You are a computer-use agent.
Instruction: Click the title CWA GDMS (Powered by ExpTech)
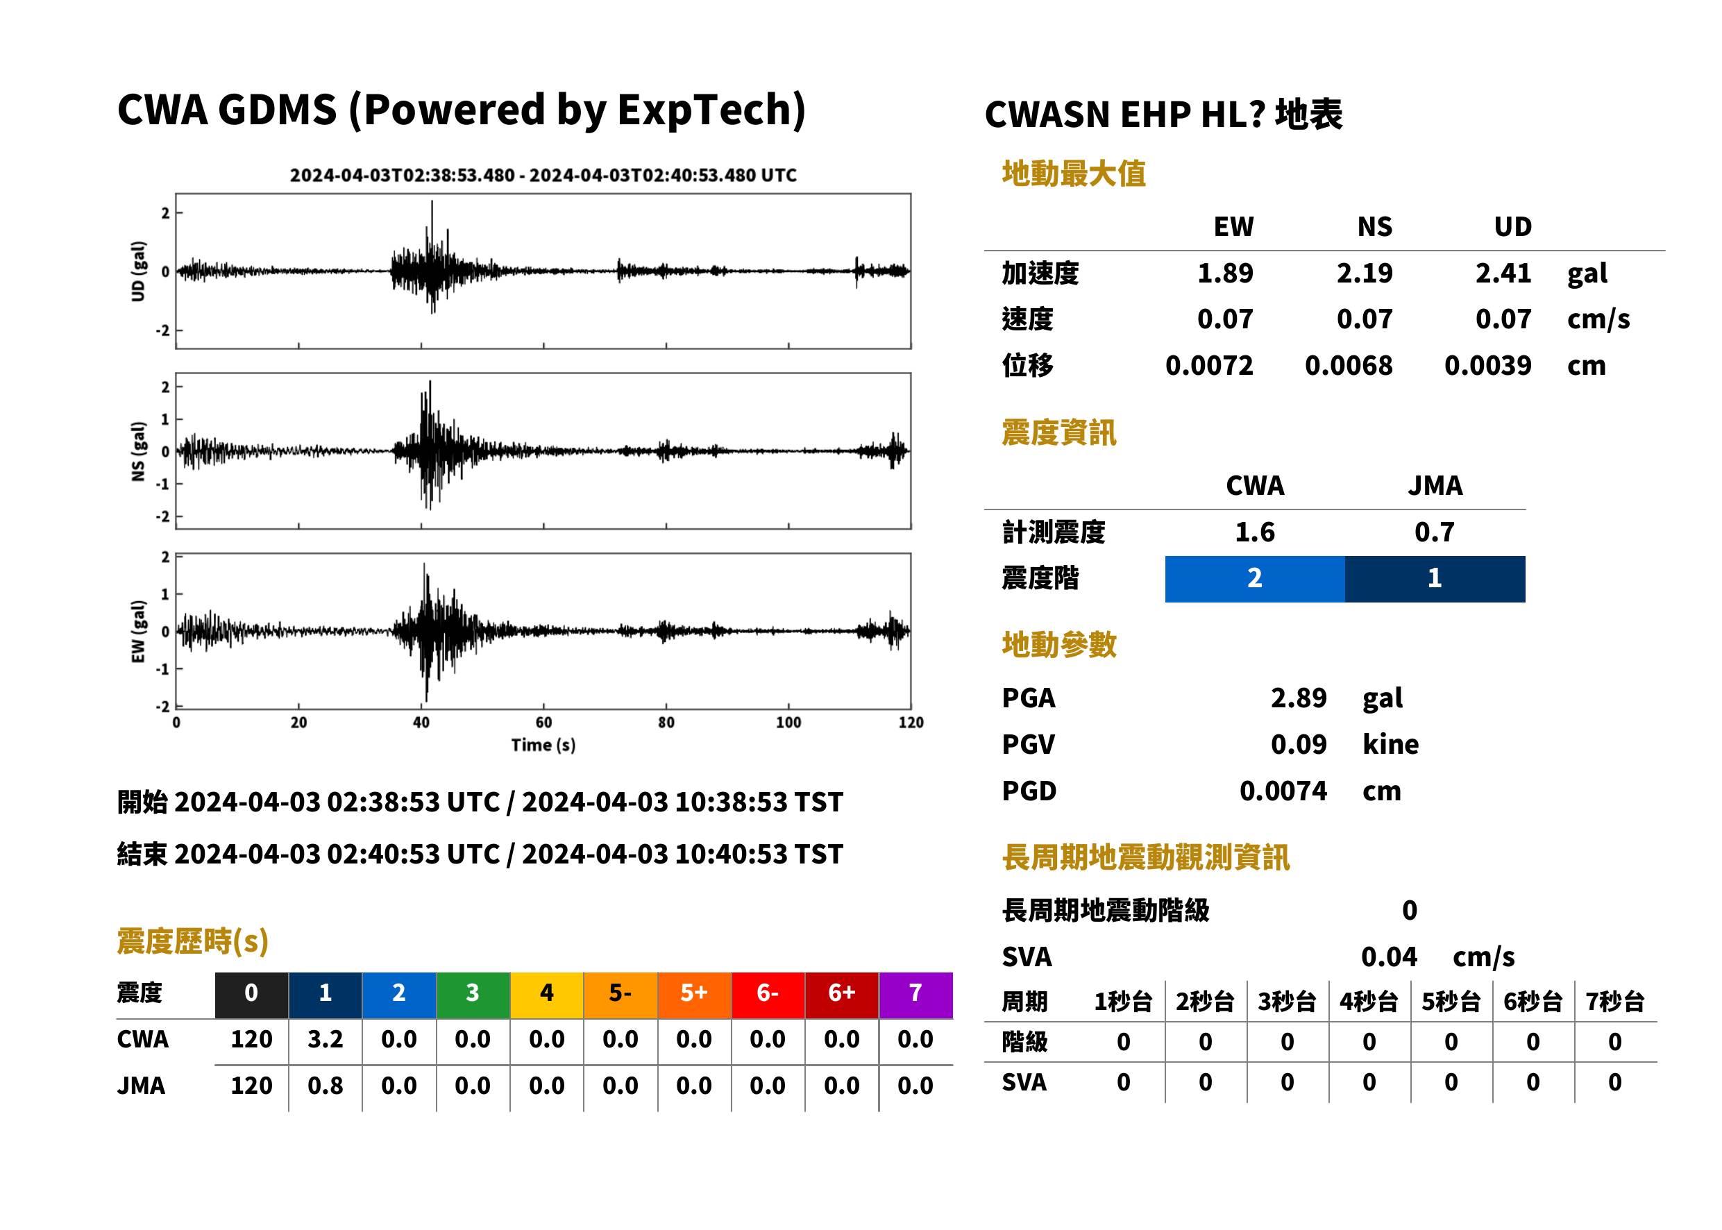click(461, 110)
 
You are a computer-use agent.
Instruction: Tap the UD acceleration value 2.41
click(1503, 273)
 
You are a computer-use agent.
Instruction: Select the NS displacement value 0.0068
click(1349, 366)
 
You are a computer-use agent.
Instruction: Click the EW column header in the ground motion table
click(1233, 226)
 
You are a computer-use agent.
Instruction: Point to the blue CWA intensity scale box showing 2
click(1255, 579)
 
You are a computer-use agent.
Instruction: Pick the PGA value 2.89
click(1299, 698)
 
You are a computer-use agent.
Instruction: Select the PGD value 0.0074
click(1283, 791)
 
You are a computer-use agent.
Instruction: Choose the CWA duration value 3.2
click(326, 1039)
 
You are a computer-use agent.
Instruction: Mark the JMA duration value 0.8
click(326, 1086)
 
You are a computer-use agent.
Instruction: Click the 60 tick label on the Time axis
click(543, 723)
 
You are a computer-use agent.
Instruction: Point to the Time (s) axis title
click(543, 745)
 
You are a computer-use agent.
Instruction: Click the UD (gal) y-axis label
click(138, 271)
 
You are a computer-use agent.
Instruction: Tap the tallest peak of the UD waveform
click(432, 201)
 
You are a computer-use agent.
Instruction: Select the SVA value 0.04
click(1389, 957)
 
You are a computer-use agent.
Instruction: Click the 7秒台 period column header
click(1614, 1002)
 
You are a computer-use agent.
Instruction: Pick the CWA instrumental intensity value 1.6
click(1255, 532)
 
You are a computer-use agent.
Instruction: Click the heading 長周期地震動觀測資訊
click(1146, 857)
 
